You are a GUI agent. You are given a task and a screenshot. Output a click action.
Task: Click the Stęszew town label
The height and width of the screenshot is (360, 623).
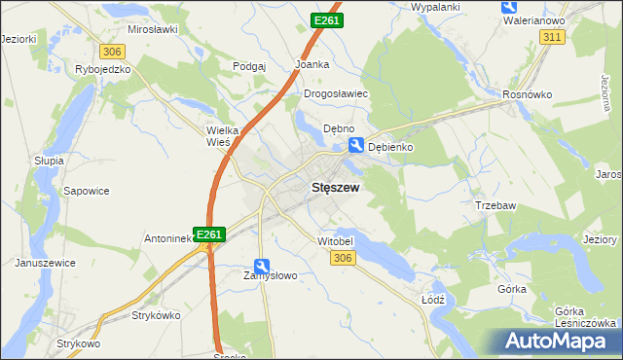click(337, 191)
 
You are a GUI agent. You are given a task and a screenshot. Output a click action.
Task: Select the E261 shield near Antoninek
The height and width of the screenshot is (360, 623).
click(210, 234)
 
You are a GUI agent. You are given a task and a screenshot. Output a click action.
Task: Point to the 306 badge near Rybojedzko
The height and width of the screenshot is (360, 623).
click(111, 51)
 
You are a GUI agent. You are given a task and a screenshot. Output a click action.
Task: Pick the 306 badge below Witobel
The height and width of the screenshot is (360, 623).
click(342, 257)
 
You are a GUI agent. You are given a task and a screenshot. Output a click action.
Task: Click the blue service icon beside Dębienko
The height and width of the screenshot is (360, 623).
click(357, 146)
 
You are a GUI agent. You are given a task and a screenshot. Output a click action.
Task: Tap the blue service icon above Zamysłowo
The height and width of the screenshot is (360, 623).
click(262, 265)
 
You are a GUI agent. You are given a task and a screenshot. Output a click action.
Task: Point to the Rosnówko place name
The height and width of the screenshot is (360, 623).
click(528, 94)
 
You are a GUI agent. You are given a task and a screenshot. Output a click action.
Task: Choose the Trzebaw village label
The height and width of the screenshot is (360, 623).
click(495, 205)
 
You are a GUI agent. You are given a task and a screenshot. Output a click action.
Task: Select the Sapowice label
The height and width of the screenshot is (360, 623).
click(85, 193)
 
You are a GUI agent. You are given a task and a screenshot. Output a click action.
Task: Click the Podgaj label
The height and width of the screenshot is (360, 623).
click(249, 66)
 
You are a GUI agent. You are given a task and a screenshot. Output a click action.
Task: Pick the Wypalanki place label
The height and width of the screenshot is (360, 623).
click(435, 7)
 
